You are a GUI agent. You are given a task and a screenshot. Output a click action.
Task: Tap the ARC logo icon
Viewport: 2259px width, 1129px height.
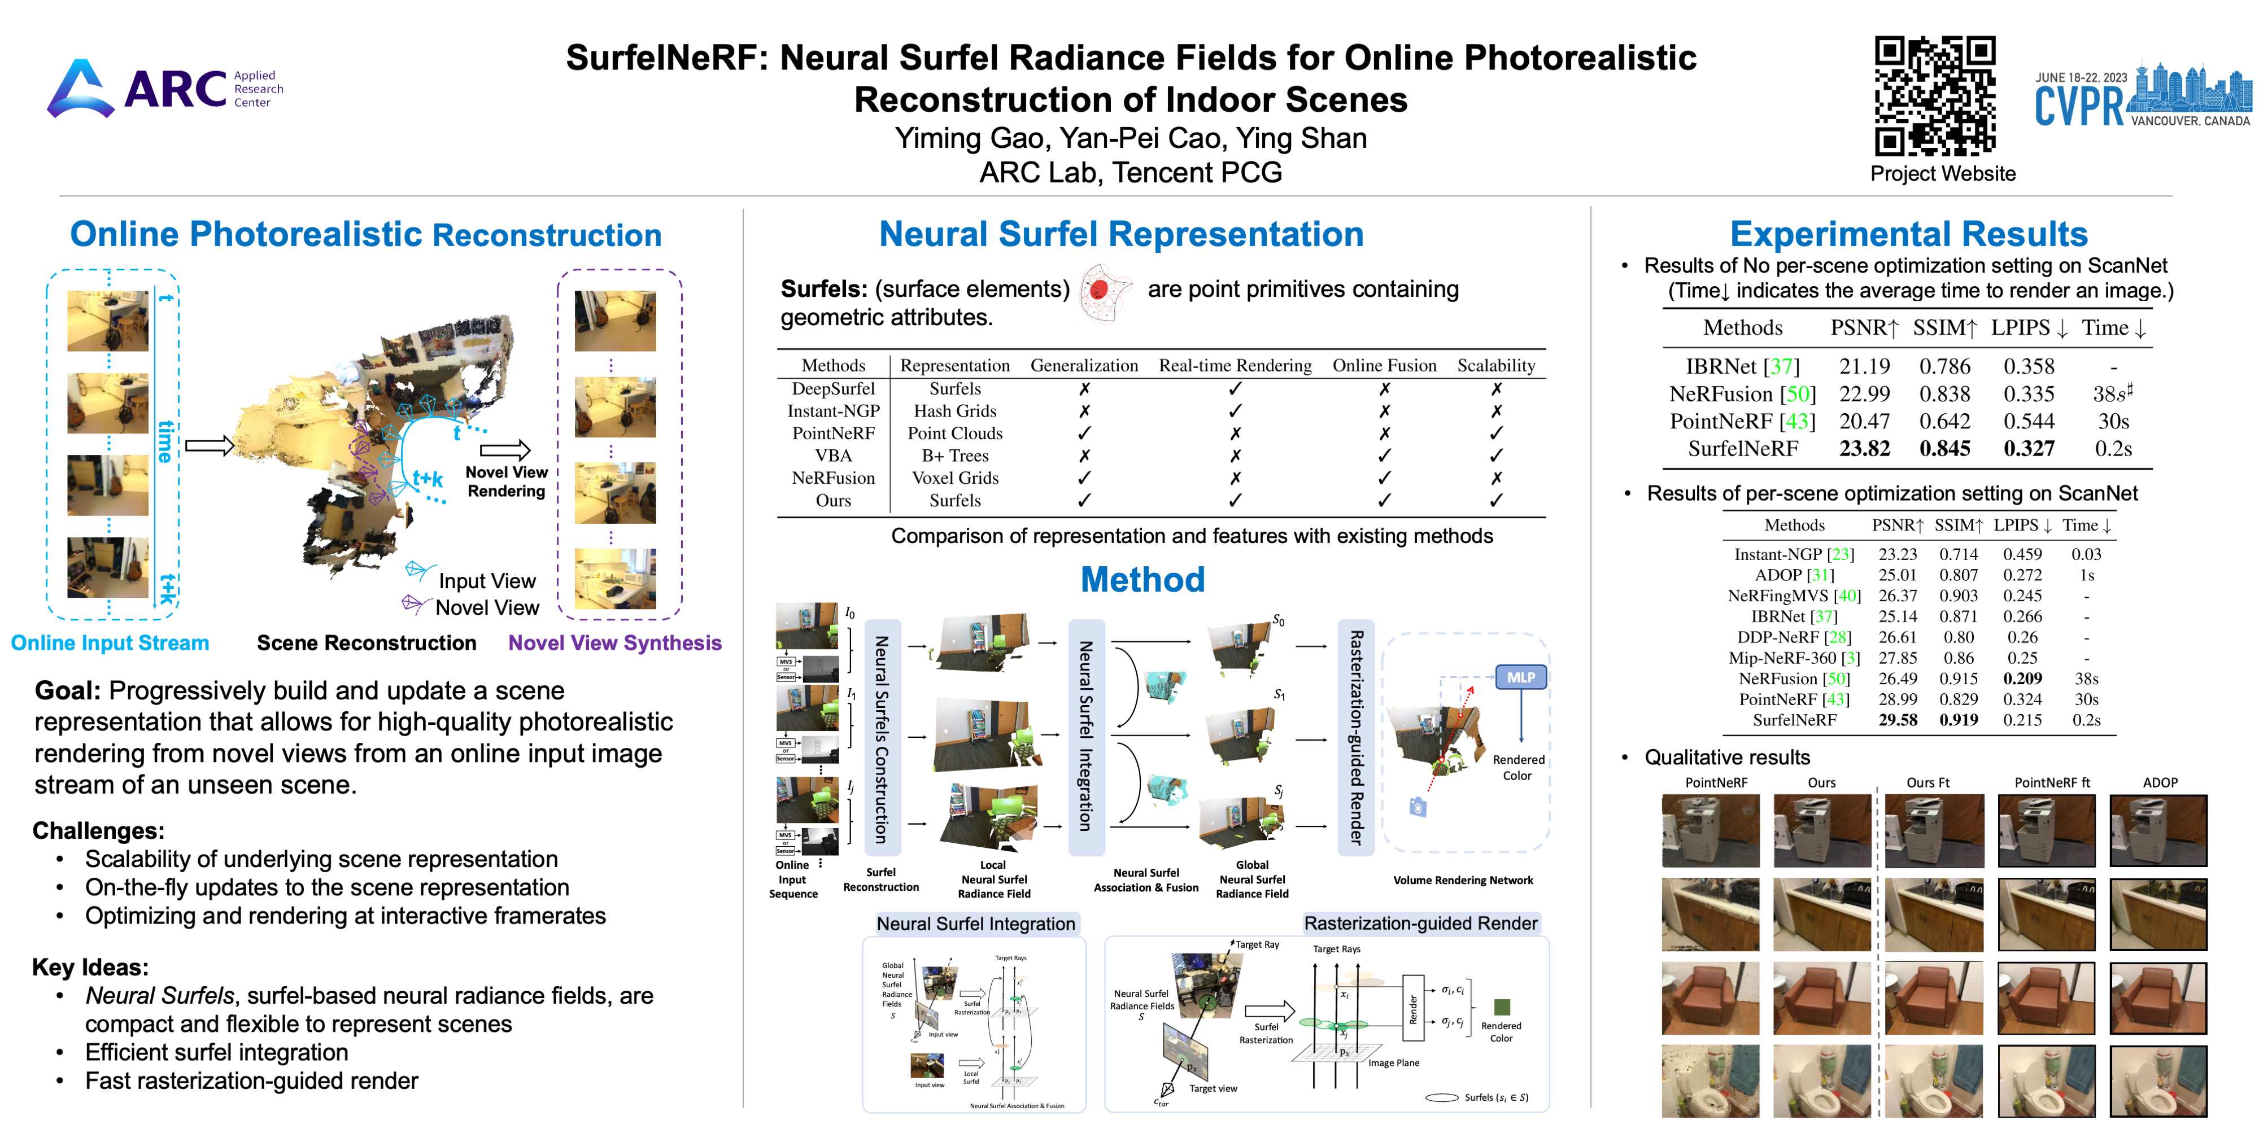81,89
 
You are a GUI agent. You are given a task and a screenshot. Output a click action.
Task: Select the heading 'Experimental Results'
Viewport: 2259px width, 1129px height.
1908,234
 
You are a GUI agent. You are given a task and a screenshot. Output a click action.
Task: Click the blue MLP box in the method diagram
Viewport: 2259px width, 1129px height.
1521,677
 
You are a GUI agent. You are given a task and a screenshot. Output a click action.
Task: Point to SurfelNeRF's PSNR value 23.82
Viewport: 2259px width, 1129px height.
1864,449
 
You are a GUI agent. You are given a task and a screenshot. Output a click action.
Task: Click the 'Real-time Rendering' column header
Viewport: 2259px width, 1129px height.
1235,366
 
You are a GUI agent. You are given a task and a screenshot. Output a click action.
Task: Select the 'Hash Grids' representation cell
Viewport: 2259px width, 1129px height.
955,411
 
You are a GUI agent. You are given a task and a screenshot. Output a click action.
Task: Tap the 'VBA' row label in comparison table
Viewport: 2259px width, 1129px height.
833,456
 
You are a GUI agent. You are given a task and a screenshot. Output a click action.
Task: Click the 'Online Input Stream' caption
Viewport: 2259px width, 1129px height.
110,644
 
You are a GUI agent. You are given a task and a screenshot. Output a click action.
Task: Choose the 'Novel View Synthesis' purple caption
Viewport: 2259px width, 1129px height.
615,644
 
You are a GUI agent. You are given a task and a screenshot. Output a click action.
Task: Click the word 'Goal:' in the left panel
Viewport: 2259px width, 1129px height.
68,691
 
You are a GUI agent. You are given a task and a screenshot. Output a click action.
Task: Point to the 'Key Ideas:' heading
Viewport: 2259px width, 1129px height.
90,967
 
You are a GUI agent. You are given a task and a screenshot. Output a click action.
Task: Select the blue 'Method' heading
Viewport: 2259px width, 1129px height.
1142,579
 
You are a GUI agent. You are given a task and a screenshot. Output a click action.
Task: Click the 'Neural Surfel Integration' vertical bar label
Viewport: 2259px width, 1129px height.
1085,736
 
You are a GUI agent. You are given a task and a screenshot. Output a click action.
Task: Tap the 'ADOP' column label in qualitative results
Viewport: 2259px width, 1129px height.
2160,783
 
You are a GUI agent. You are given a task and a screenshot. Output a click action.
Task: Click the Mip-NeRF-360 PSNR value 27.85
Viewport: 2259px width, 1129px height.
1898,658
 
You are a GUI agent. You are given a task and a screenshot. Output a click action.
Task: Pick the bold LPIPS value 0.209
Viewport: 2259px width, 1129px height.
2022,679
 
